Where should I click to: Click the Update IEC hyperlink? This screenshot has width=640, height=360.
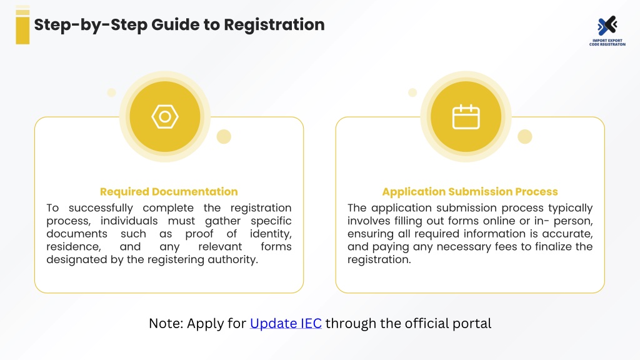286,323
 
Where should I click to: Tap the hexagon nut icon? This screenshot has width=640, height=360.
165,117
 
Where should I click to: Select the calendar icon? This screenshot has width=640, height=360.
466,117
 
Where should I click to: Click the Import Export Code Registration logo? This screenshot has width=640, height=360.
607,31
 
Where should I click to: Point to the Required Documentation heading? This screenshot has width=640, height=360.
169,191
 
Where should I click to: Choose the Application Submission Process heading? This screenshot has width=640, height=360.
470,191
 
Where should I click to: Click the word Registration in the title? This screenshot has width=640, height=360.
274,25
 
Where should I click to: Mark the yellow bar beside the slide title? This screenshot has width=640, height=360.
22,24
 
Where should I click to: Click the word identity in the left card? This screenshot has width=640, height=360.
271,234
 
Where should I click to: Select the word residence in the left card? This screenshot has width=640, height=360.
74,247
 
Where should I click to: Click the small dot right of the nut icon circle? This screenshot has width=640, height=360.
224,136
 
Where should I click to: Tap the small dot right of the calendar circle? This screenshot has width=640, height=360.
525,136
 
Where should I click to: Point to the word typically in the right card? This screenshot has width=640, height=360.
570,208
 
